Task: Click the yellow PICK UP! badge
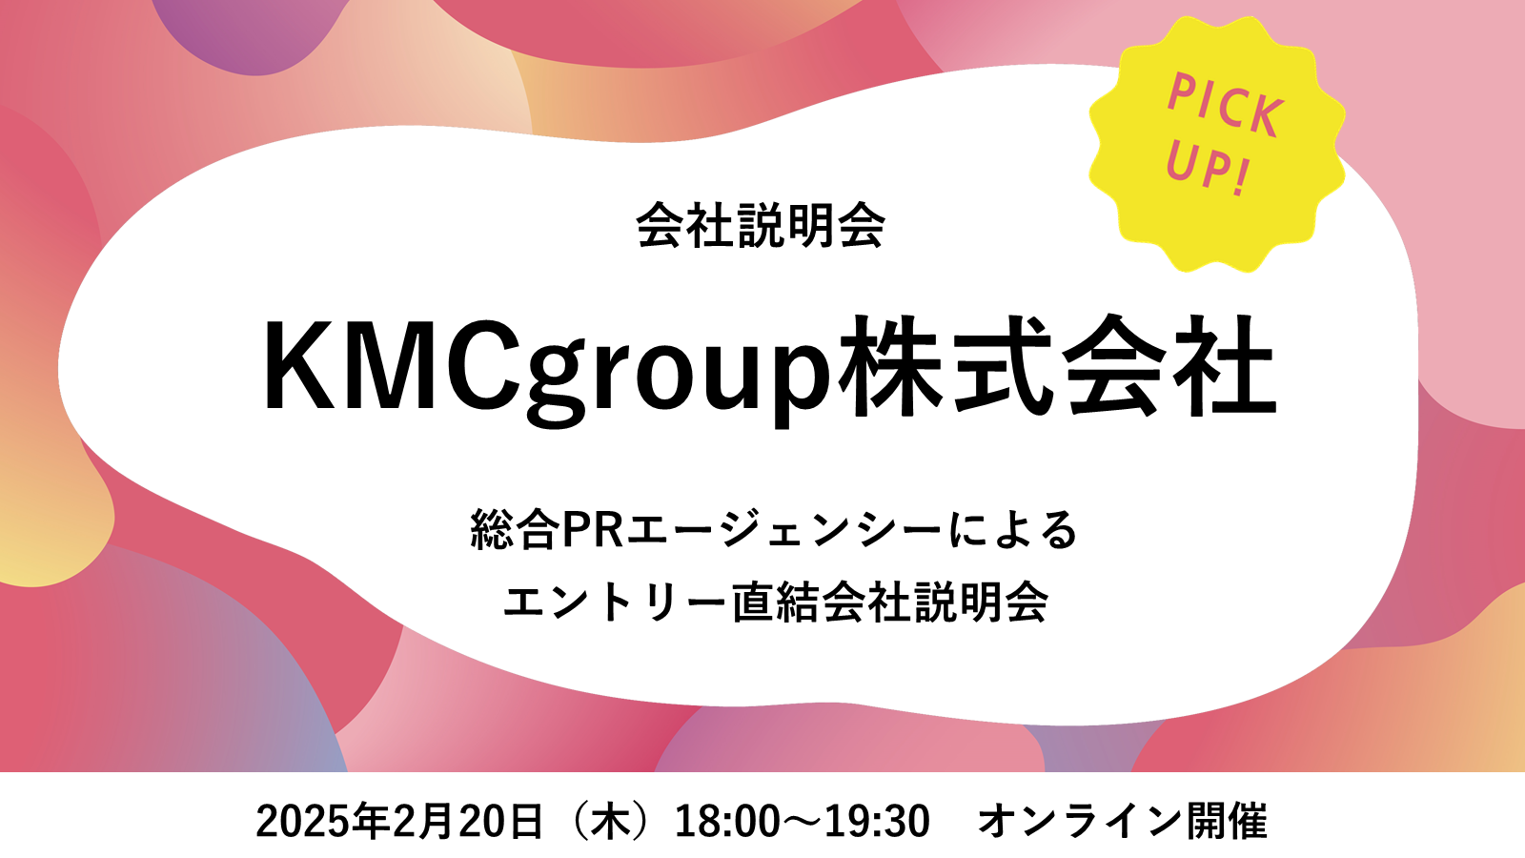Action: pos(1216,144)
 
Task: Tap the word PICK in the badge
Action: pos(1226,106)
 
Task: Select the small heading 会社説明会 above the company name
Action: pos(761,225)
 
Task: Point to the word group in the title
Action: pos(679,375)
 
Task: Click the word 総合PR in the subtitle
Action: pos(547,530)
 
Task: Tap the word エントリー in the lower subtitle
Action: pos(615,602)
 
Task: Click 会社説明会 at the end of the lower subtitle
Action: pos(935,602)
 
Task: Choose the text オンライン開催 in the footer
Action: pos(1123,821)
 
